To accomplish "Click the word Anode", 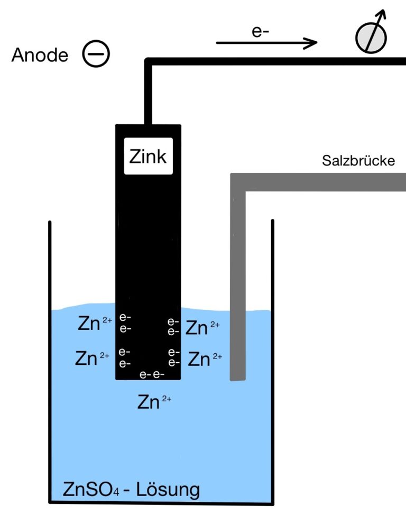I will coord(40,55).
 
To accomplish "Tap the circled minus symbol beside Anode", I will coord(96,55).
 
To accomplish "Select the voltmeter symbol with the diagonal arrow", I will coord(371,36).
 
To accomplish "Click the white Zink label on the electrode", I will coord(147,157).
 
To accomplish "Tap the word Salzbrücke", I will coord(358,161).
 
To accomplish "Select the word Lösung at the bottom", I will coord(169,489).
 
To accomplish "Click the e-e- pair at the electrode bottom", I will coord(152,374).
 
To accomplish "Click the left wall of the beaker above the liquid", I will coord(50,264).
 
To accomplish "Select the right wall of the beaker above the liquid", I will coord(273,264).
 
